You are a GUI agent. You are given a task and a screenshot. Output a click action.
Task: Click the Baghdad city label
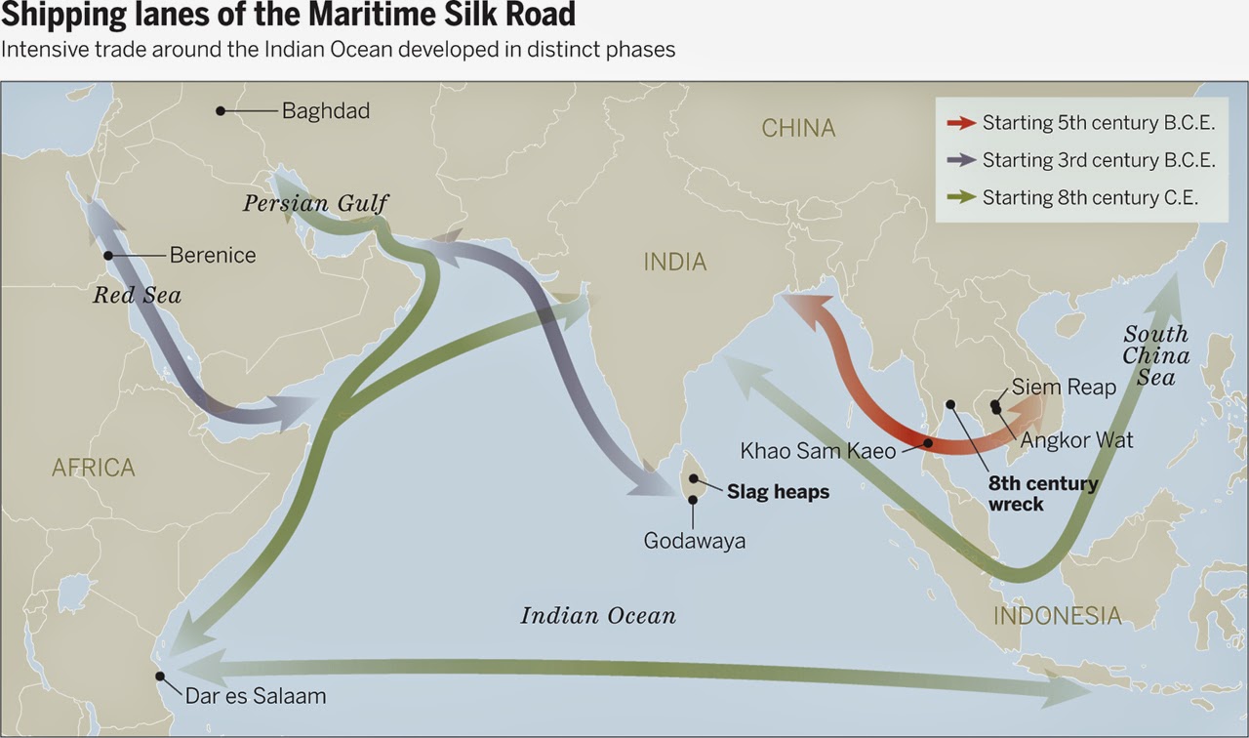[326, 111]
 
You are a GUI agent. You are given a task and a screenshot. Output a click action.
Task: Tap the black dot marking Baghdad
[221, 111]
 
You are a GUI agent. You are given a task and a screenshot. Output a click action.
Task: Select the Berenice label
[213, 256]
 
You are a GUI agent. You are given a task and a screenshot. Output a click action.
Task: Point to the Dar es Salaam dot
[160, 676]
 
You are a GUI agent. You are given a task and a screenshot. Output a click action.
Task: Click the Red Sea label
[138, 295]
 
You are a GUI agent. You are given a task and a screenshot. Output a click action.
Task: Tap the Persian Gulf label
[315, 204]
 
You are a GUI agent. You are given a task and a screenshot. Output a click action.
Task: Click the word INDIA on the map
[675, 262]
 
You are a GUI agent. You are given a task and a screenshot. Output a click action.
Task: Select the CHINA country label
[798, 128]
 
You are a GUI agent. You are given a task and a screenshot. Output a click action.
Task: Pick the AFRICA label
[94, 468]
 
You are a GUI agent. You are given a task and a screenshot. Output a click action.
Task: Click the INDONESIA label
[1058, 616]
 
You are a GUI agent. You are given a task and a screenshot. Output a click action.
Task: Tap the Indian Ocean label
[598, 616]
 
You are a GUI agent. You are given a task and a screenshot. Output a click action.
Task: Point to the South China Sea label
[1155, 355]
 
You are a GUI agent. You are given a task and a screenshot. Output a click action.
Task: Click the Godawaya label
[695, 540]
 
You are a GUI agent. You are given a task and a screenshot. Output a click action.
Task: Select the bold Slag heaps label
[778, 492]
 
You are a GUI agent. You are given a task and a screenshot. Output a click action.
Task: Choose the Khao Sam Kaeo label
[818, 451]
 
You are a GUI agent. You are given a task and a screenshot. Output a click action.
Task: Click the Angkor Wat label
[1077, 440]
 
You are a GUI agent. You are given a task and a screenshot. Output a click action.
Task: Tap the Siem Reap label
[1064, 388]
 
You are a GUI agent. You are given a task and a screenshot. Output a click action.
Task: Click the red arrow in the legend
[961, 123]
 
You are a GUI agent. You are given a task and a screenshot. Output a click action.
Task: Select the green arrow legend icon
[961, 197]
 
